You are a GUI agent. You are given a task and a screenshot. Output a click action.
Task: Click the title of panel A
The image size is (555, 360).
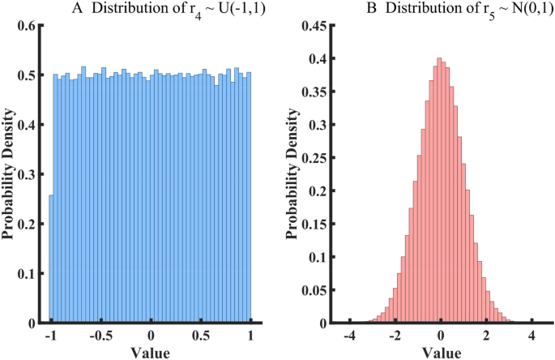tap(151, 9)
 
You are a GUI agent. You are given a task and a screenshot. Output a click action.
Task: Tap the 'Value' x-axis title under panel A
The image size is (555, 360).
tap(151, 352)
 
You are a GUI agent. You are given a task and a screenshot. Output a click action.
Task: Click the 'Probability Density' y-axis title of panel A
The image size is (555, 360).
tap(8, 174)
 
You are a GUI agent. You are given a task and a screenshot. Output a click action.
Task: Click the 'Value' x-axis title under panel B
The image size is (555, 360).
tap(440, 352)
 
